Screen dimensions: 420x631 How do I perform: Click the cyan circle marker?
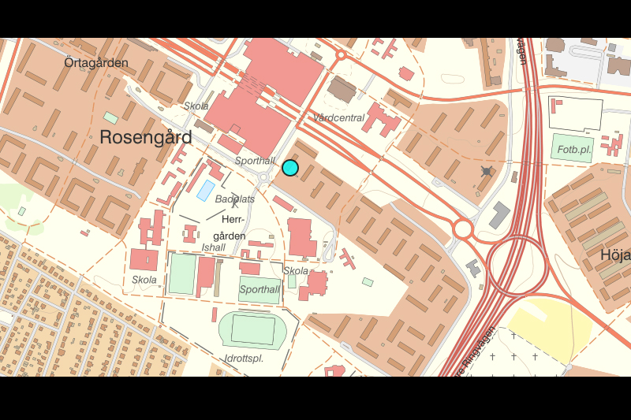(x=290, y=167)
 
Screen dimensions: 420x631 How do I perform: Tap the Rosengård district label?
(x=146, y=137)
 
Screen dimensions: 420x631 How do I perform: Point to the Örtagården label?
(x=96, y=62)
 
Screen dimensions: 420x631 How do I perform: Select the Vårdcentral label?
(x=339, y=118)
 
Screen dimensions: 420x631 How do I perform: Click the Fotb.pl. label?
(x=573, y=149)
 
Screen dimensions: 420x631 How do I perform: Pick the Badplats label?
(x=235, y=199)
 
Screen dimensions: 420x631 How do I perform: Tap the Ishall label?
(x=214, y=247)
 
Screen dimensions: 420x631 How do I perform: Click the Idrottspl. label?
(x=243, y=359)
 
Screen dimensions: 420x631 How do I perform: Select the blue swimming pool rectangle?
(x=204, y=190)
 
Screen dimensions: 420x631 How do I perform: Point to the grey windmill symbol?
(x=487, y=171)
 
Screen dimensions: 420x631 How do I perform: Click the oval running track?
(x=252, y=329)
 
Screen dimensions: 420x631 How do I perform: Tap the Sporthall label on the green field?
(x=259, y=290)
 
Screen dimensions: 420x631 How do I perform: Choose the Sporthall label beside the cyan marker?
(x=255, y=161)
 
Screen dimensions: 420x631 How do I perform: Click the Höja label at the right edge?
(x=615, y=255)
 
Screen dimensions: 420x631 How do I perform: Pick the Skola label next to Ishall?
(x=144, y=280)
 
